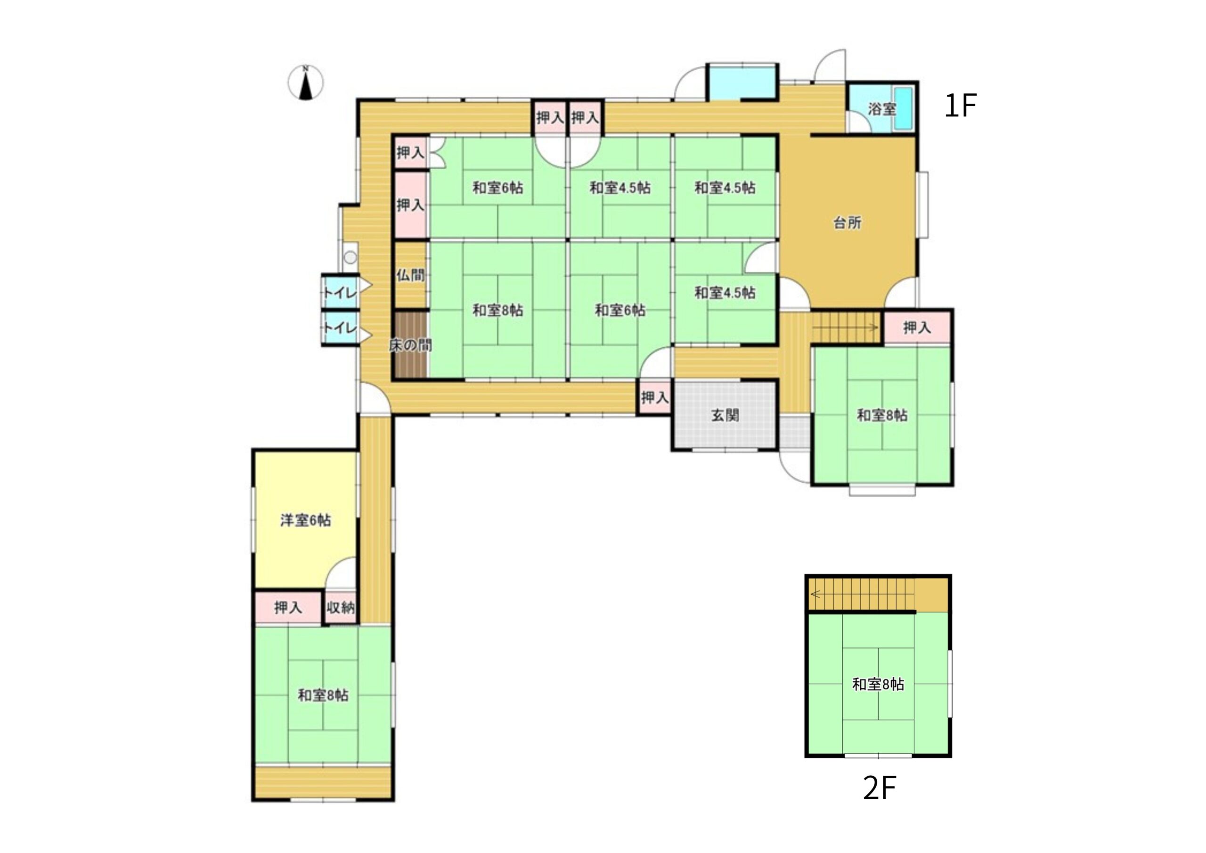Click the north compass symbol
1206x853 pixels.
(305, 82)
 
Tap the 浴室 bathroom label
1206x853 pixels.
(881, 109)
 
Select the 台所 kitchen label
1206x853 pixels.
(847, 223)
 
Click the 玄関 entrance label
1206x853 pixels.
(725, 416)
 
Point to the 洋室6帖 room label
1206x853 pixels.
(305, 520)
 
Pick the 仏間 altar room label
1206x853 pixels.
(410, 275)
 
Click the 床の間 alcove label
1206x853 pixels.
(410, 345)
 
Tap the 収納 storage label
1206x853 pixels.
(341, 608)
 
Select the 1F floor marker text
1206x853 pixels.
(960, 106)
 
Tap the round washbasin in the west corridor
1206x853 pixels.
(350, 257)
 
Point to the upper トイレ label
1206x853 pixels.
(339, 292)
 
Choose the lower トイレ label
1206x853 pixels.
(339, 328)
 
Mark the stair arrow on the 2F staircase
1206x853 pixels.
(863, 594)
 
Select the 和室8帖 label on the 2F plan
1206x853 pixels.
(878, 685)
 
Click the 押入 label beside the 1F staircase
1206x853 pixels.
(917, 328)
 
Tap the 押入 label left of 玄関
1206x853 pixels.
(654, 398)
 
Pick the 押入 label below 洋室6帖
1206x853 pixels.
(288, 608)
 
